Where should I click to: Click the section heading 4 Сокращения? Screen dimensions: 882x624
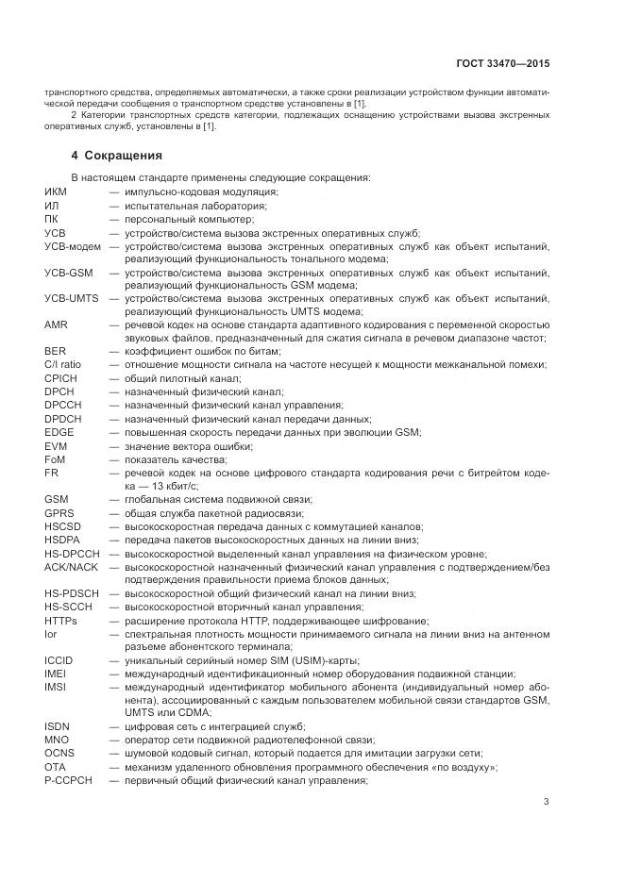click(x=117, y=155)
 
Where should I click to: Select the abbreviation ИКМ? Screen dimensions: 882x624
click(x=56, y=192)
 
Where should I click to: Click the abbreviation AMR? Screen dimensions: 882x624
click(x=56, y=325)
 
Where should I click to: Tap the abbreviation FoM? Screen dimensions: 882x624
click(x=54, y=458)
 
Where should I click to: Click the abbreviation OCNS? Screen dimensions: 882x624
click(x=59, y=753)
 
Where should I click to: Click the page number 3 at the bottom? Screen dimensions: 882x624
click(x=547, y=803)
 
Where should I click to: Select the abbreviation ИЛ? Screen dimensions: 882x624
click(x=51, y=206)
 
